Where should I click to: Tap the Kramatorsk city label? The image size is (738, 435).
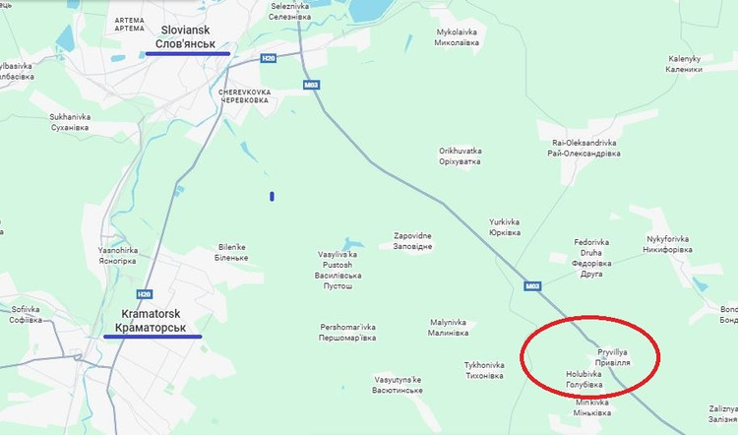[152, 320]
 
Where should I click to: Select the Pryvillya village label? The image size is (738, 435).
[613, 357]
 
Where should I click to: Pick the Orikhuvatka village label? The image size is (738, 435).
[460, 155]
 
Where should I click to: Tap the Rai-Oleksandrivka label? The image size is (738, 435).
[584, 148]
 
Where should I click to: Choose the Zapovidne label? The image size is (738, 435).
[413, 241]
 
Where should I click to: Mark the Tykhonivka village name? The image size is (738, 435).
[483, 370]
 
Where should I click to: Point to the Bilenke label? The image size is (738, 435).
[231, 252]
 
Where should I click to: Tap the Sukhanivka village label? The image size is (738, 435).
[69, 122]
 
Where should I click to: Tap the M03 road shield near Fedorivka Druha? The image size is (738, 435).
[533, 286]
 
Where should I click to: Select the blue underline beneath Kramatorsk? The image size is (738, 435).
[153, 337]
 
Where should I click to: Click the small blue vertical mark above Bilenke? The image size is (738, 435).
[272, 196]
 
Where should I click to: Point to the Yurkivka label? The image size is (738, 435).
[505, 227]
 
